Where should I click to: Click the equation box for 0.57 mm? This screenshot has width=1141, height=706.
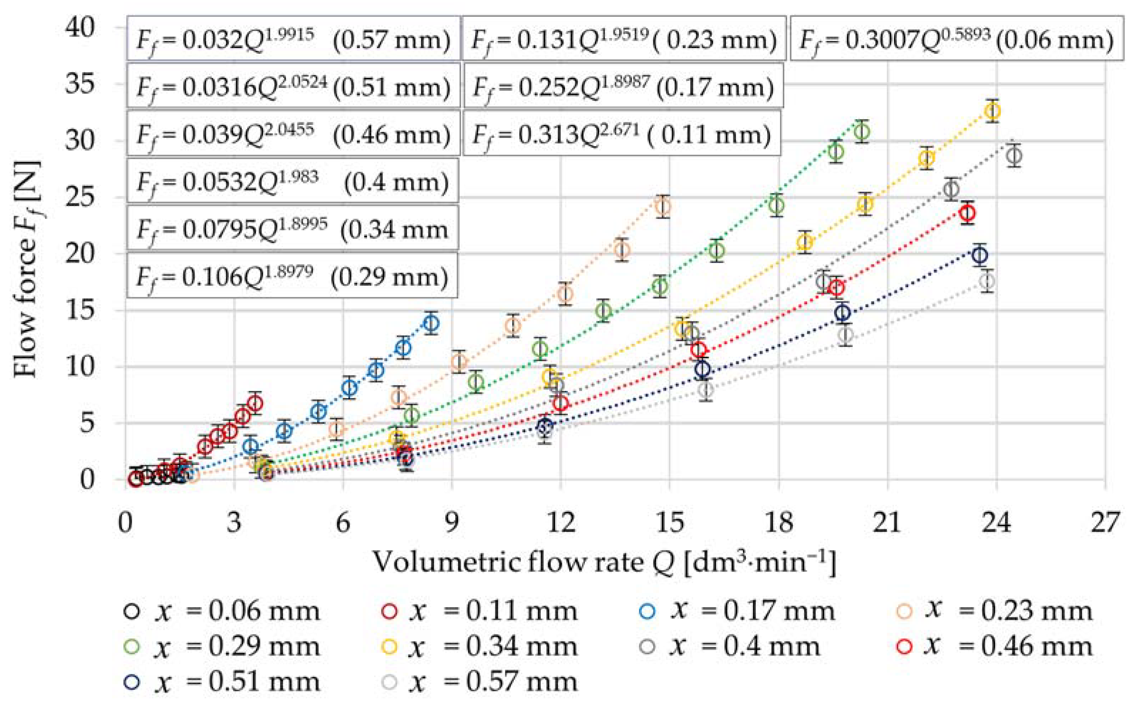tap(293, 39)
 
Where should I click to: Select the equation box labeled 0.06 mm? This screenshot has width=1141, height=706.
tap(956, 39)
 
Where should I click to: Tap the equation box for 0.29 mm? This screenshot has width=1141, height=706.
tap(292, 276)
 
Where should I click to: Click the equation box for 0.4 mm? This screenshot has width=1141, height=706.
tap(292, 181)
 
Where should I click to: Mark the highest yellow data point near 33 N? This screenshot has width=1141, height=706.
tap(993, 111)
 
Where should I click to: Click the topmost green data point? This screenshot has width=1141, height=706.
tap(862, 132)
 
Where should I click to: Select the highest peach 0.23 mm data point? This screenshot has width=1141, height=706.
tap(663, 206)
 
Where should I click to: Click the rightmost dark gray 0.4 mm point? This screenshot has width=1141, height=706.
tap(1014, 156)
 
